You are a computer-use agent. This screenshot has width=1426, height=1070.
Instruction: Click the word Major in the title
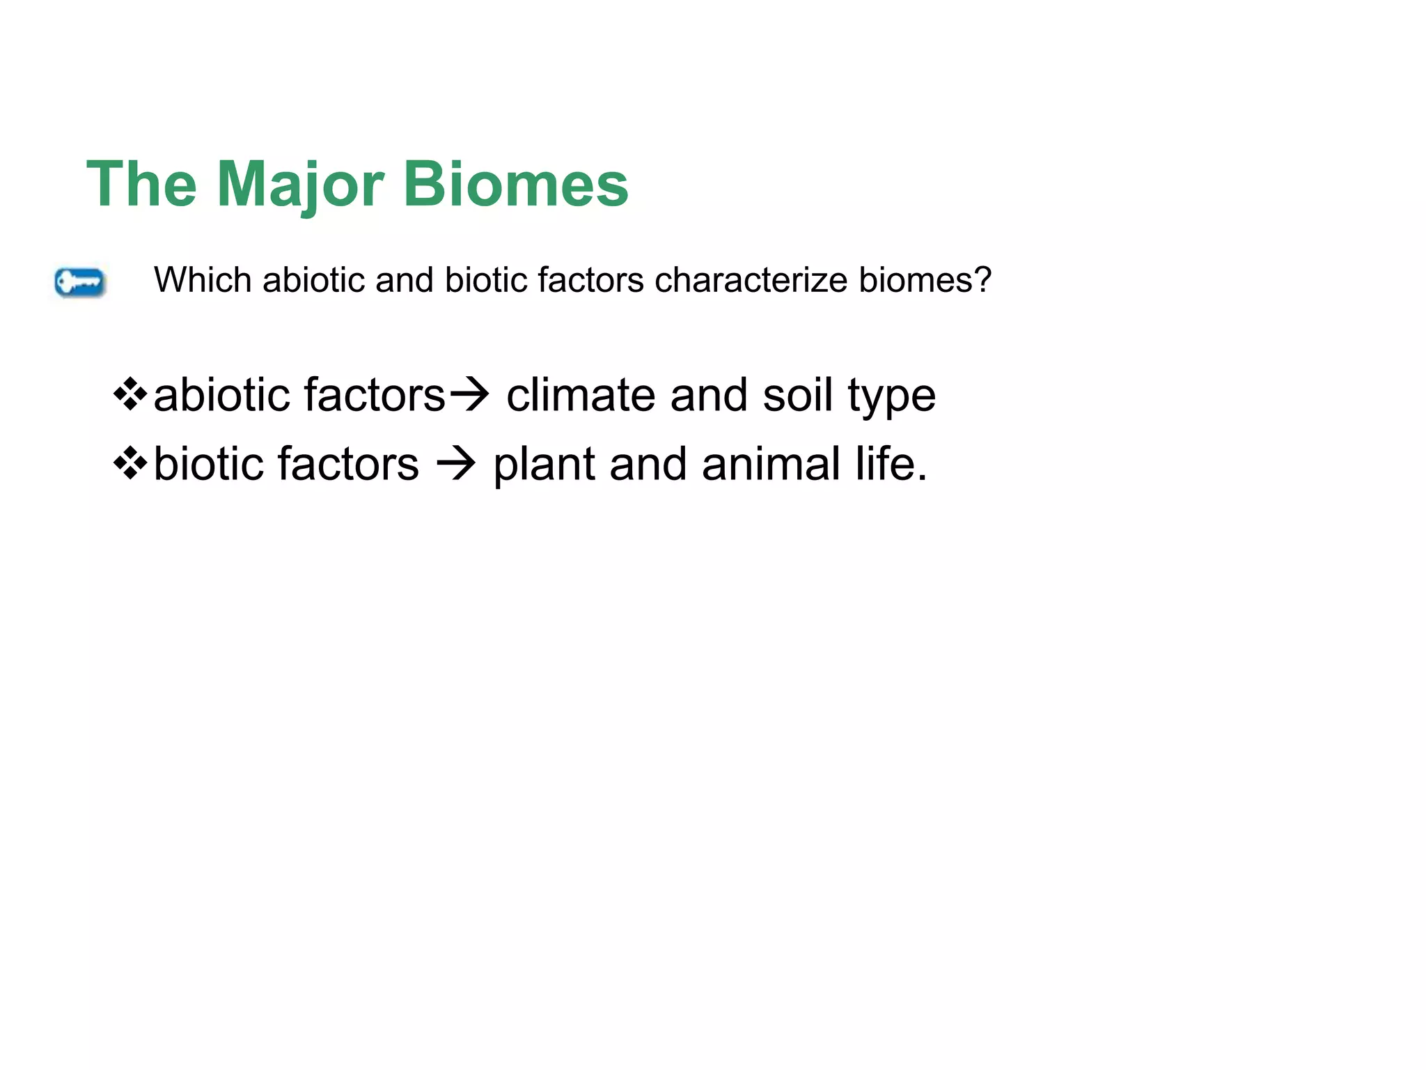299,185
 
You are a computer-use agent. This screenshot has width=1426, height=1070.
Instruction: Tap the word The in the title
141,184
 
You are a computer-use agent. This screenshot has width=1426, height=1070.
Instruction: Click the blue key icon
80,283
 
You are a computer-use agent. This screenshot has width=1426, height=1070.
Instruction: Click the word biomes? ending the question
925,280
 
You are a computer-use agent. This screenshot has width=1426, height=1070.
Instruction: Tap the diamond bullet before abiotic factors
130,395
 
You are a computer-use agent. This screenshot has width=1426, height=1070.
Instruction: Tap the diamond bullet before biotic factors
130,464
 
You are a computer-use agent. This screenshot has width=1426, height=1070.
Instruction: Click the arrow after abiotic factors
470,395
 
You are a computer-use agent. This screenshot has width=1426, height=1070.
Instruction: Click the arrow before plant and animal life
456,464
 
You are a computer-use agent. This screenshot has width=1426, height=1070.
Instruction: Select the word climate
580,395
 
